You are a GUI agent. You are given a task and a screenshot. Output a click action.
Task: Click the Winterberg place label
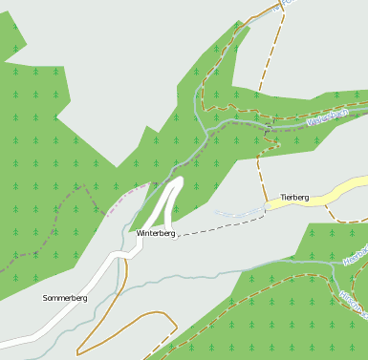click(x=156, y=233)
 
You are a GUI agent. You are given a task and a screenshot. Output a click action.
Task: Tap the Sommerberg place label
click(x=65, y=298)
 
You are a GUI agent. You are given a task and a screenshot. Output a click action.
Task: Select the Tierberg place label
click(x=294, y=198)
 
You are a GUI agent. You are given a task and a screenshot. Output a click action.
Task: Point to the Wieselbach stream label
click(x=331, y=119)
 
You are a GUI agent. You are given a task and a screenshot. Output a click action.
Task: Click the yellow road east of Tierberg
click(x=339, y=190)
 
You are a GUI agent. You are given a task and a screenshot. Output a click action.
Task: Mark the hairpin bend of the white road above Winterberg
click(x=176, y=181)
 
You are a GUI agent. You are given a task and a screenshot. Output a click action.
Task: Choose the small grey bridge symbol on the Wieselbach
click(x=271, y=122)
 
